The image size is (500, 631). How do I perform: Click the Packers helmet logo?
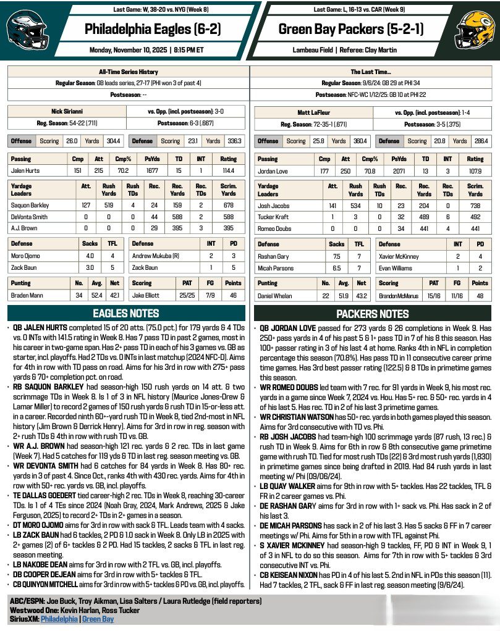475,30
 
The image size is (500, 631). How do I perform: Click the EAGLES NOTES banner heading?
126,313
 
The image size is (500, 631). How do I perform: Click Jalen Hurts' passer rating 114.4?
228,170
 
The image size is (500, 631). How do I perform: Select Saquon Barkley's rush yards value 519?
109,205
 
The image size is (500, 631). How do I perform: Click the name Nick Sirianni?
67,114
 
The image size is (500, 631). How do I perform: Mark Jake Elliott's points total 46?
232,295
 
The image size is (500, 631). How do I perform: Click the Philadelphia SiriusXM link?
60,619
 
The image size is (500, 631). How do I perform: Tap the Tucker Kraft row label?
275,217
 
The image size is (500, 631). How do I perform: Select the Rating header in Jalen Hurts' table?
228,159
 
